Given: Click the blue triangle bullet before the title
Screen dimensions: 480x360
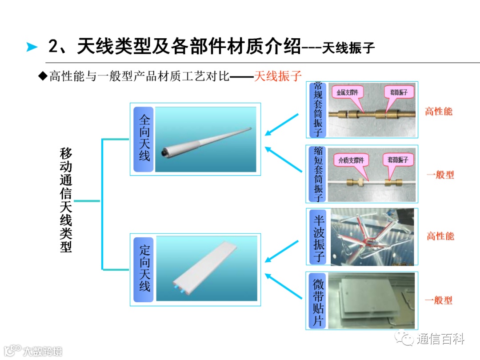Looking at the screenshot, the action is pos(32,47).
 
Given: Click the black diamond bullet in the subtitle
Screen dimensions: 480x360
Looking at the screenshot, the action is pos(43,76).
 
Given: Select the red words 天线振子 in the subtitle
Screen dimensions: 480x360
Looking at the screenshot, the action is pos(278,76).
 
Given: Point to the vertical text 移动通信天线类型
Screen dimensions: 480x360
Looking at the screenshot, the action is pos(66,200).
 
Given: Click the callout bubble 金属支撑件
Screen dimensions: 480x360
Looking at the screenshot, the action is pos(348,92).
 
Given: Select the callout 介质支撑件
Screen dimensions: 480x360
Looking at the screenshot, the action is pos(351,160).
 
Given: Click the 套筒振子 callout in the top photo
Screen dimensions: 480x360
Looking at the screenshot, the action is pos(399,92).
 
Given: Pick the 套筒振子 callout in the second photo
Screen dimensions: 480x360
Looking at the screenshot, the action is pos(398,160).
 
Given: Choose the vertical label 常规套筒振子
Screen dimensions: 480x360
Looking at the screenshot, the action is pos(318,109).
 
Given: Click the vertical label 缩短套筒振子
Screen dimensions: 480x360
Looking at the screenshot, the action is pos(318,174).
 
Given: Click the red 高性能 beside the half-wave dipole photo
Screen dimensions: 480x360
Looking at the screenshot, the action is pos(440,236).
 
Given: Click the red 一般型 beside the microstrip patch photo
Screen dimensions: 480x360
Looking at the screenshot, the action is pos(439,300).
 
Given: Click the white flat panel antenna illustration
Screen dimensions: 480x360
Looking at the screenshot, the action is pos(204,268).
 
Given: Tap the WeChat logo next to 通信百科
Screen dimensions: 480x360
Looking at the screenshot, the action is pos(404,338).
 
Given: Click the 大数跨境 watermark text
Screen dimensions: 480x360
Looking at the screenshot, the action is pos(43,351).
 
